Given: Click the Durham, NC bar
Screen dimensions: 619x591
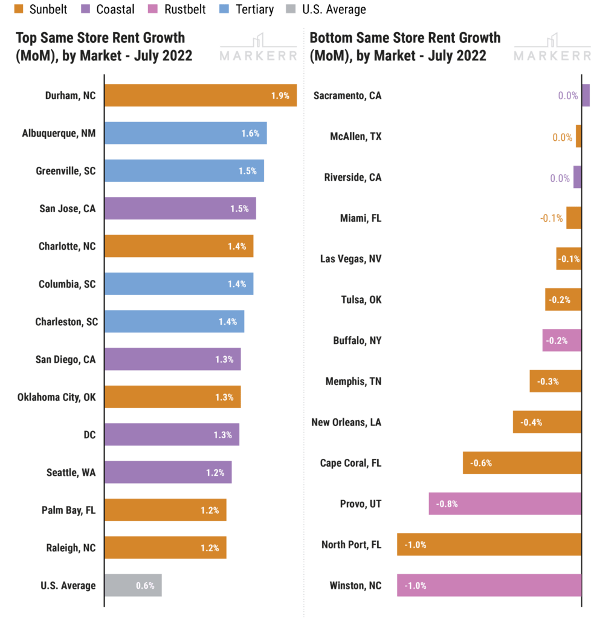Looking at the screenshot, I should click(201, 96).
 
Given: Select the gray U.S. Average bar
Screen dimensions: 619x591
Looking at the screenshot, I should click(134, 585).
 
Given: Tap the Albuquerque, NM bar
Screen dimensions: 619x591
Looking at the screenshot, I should click(186, 133).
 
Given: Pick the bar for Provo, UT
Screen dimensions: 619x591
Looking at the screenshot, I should click(505, 504).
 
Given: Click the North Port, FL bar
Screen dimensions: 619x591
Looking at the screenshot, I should click(488, 545).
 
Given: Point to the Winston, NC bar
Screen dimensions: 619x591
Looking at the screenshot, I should click(488, 585).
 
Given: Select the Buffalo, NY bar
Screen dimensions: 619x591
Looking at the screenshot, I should click(561, 340).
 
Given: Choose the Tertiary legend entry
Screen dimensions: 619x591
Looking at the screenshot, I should click(246, 9).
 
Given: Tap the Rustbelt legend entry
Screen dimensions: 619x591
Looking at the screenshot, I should click(179, 9).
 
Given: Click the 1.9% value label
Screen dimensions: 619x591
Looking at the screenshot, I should click(280, 96).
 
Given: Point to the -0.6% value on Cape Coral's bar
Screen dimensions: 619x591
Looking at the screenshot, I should click(481, 463).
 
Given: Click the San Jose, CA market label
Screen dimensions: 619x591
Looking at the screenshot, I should click(67, 209).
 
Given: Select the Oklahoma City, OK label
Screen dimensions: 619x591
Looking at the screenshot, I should click(57, 397).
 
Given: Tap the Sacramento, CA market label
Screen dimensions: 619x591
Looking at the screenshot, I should click(347, 96).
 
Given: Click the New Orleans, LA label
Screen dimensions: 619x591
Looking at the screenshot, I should click(346, 422).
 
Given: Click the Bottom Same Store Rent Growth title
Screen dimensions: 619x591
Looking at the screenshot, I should click(405, 47).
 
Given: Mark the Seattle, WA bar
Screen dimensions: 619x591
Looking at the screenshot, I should click(168, 472).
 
